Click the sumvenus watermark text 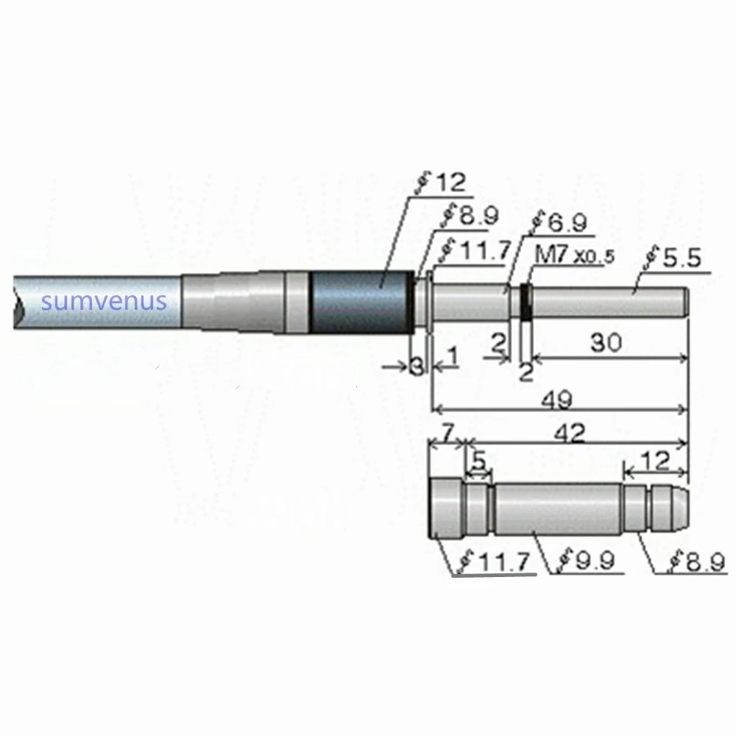click(105, 301)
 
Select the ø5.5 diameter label click(674, 258)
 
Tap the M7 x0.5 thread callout click(573, 257)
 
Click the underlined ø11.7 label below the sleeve click(494, 563)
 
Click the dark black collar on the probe click(360, 302)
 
